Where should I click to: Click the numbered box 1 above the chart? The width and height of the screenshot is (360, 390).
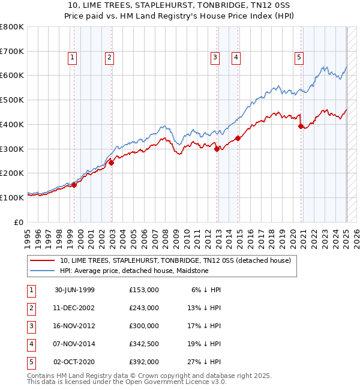72,58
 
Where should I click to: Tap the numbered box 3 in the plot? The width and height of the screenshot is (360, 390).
215,58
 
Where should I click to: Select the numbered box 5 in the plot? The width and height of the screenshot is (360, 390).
299,58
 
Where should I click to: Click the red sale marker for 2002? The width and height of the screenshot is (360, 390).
111,162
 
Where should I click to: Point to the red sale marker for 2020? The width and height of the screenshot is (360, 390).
301,126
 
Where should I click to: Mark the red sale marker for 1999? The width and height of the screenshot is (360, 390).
74,184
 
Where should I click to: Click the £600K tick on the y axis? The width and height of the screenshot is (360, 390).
12,76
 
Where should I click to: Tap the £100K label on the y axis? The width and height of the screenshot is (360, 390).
12,197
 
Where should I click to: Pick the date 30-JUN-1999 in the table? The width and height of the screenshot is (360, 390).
74,290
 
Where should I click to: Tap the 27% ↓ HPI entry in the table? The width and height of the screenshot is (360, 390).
206,362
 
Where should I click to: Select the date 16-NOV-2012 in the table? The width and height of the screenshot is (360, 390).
74,326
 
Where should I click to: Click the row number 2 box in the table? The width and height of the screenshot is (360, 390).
31,308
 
